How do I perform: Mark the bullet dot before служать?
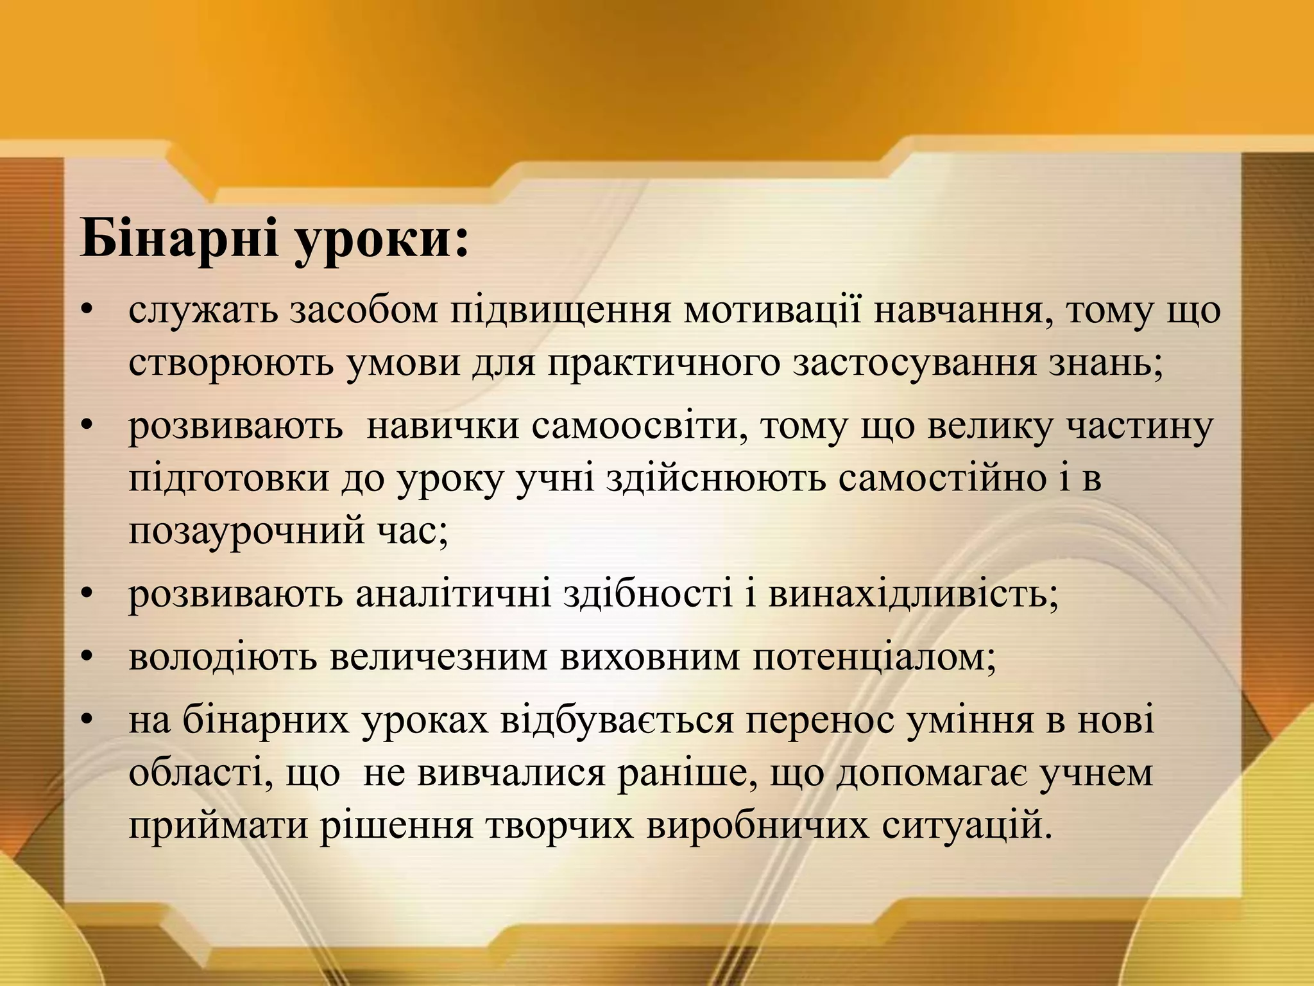[88, 311]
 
